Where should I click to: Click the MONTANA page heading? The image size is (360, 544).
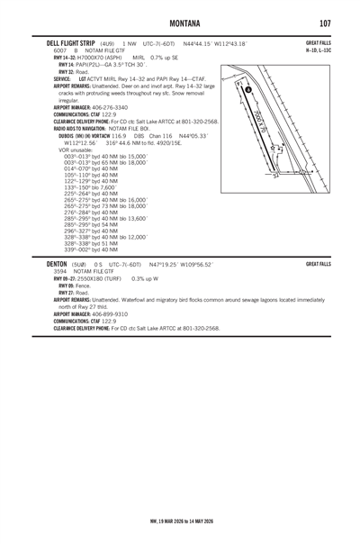coord(180,22)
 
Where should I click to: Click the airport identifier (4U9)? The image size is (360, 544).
coord(107,42)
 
